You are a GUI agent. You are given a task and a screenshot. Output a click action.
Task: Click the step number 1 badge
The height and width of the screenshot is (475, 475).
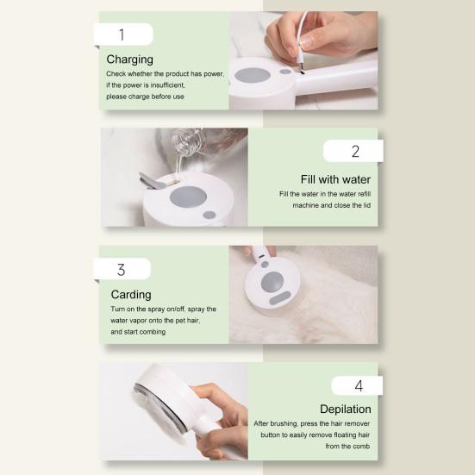tap(123, 34)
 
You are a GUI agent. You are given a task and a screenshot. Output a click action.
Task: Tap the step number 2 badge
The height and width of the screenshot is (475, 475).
tap(353, 151)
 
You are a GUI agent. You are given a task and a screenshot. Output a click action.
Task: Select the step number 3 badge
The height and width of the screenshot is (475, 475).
tap(122, 269)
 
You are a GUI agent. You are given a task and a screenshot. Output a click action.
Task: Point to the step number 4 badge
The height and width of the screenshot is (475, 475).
tap(358, 385)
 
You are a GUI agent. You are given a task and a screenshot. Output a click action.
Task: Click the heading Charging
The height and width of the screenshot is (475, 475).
tap(129, 59)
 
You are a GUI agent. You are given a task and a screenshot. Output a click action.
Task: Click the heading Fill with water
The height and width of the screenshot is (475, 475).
tap(335, 179)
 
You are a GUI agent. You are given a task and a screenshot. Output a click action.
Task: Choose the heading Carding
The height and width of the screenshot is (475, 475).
tap(131, 295)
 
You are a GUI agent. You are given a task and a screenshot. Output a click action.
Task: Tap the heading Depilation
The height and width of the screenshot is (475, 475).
tap(346, 409)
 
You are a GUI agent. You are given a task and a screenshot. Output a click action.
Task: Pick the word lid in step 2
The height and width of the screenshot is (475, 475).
tap(367, 205)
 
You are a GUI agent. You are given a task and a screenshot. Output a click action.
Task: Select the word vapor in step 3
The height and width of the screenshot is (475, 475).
tap(136, 320)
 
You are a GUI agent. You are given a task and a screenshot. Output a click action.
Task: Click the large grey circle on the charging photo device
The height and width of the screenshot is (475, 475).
tap(252, 75)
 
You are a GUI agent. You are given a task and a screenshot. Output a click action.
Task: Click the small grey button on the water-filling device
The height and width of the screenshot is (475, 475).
tap(209, 215)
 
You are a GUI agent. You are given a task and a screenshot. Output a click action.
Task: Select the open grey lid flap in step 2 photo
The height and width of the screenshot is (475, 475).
tap(153, 180)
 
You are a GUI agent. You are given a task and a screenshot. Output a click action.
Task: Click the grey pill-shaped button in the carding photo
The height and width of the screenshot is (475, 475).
tap(280, 297)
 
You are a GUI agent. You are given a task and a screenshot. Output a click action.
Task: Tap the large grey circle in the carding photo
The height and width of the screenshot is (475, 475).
tap(272, 282)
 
